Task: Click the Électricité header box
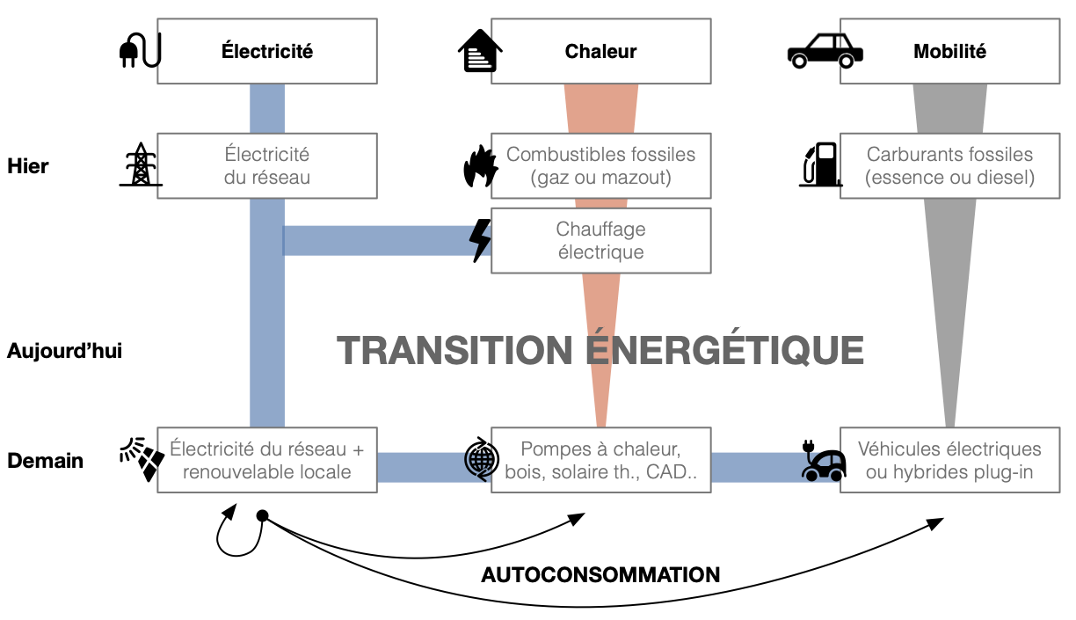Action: tap(267, 51)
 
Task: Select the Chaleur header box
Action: tap(600, 51)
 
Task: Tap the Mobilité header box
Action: tap(949, 51)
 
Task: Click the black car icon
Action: tap(824, 51)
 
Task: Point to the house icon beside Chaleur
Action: tap(480, 51)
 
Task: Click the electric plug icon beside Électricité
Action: tap(140, 52)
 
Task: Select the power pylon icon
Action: tap(141, 164)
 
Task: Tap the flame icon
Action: tap(480, 165)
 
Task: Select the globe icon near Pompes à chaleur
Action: tap(481, 460)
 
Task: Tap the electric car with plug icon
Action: tap(823, 461)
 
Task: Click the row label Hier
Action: tap(28, 165)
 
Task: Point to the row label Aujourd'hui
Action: tap(64, 352)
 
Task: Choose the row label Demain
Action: tap(45, 461)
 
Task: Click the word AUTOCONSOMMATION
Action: tap(600, 575)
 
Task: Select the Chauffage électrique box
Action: tap(600, 241)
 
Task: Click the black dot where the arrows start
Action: tap(261, 515)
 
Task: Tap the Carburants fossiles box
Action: tap(949, 165)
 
